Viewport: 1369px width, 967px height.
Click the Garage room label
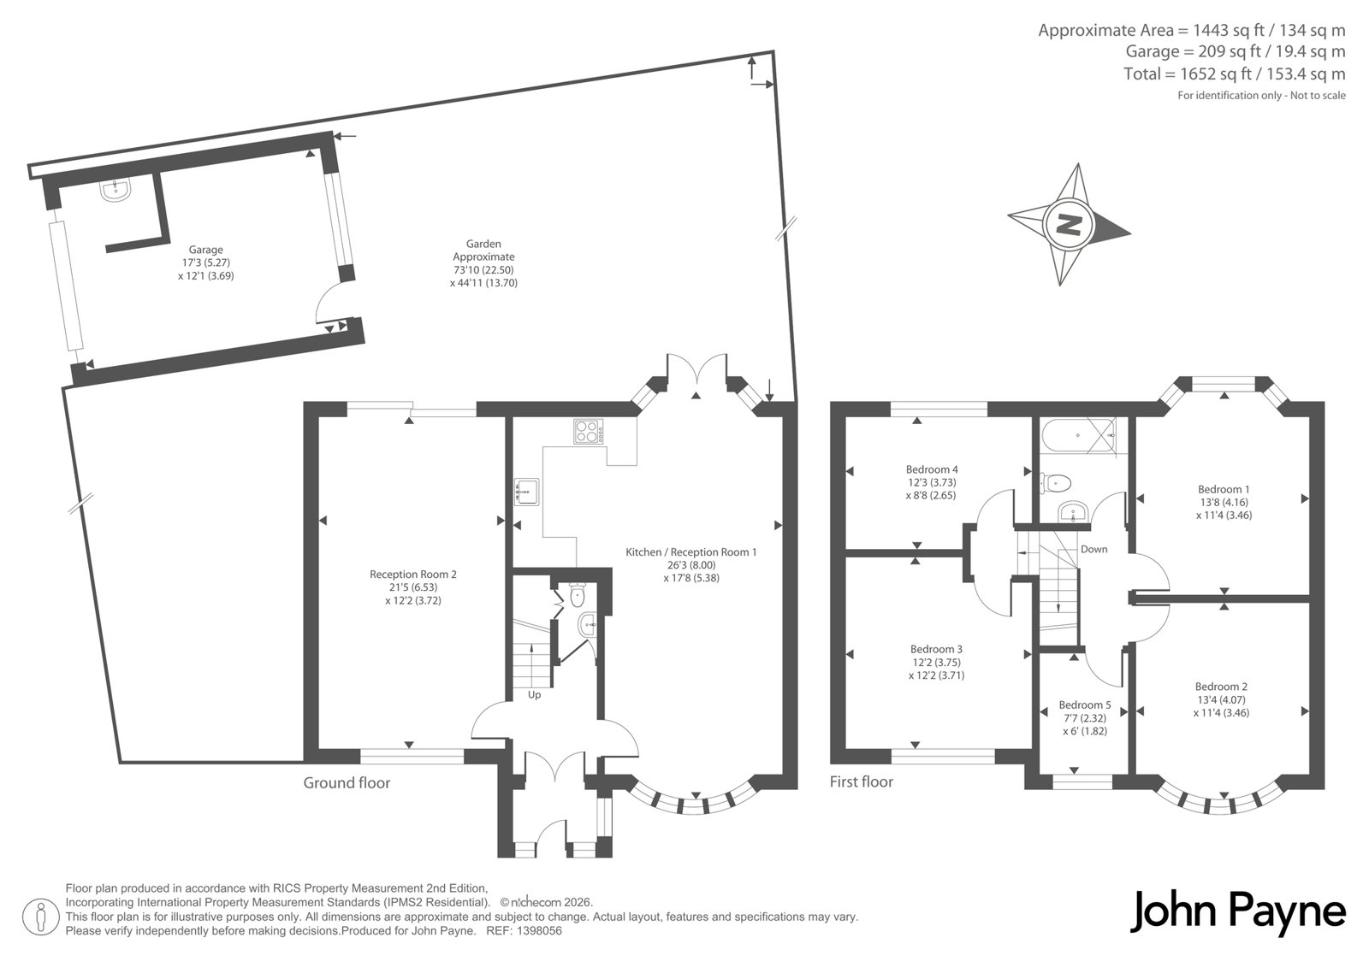[206, 250]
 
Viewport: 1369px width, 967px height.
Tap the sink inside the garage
[115, 191]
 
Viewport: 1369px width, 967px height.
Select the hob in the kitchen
[588, 431]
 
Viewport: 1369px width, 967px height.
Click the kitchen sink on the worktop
[526, 491]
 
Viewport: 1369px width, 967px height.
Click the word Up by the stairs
[534, 695]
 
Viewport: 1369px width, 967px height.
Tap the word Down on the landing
[1094, 549]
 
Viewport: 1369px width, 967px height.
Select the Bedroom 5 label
[1085, 705]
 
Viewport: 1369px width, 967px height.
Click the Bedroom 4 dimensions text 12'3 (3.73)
[931, 482]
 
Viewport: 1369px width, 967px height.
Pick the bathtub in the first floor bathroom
[1077, 436]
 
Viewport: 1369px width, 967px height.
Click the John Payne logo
[1237, 912]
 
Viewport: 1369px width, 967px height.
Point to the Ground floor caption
[347, 783]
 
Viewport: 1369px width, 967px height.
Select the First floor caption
[861, 782]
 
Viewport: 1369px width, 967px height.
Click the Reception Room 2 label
[413, 575]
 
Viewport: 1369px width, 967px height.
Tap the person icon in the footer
[41, 917]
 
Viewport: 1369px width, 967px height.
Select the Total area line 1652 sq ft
[1235, 74]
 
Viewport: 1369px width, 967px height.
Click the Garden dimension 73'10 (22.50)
[483, 270]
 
